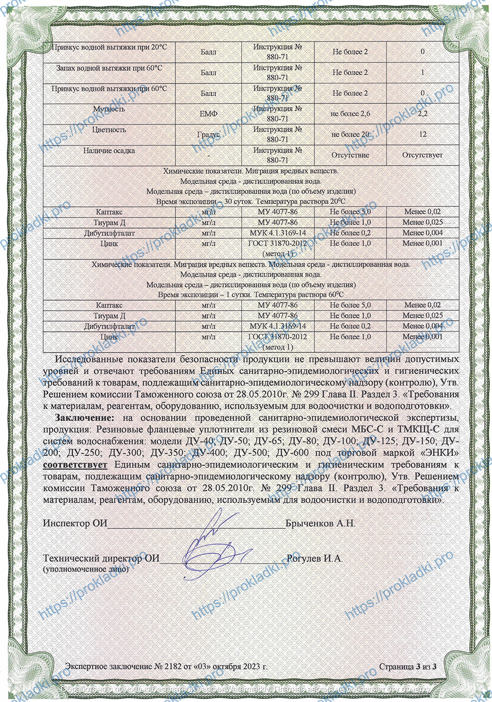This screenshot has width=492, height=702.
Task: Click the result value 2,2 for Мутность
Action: click(422, 113)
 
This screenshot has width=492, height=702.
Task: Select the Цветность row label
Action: click(109, 130)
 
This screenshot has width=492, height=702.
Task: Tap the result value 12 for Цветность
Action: click(423, 134)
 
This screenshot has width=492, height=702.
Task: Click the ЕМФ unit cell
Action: click(208, 114)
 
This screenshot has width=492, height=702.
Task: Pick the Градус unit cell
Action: click(208, 134)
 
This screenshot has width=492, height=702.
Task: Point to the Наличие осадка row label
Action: click(109, 150)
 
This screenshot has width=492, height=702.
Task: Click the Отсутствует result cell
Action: click(422, 155)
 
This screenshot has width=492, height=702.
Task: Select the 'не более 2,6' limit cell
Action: click(350, 113)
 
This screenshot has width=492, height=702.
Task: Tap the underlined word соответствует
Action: click(75, 465)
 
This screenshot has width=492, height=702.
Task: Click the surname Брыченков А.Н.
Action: click(320, 523)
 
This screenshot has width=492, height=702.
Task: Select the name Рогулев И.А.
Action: click(314, 558)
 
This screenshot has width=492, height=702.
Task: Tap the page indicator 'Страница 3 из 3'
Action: click(408, 666)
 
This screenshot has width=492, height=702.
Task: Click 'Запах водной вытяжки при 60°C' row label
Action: click(109, 68)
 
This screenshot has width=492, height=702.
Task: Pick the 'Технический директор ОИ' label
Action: click(101, 558)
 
